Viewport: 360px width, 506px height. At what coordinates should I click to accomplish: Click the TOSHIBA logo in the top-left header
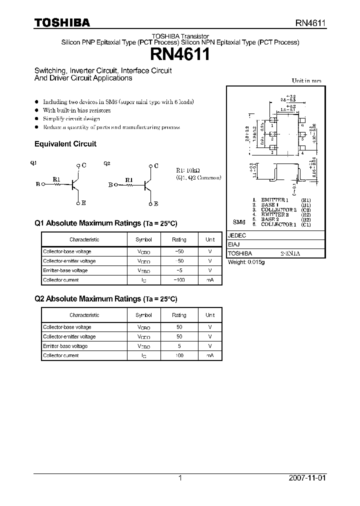(62, 23)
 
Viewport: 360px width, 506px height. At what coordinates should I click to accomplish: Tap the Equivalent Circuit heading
(65, 144)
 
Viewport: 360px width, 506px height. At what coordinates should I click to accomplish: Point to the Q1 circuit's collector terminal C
(83, 165)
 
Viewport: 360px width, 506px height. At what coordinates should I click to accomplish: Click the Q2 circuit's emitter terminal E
(156, 204)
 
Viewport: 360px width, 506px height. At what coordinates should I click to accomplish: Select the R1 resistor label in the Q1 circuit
(56, 178)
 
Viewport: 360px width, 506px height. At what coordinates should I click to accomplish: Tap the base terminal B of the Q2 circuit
(110, 184)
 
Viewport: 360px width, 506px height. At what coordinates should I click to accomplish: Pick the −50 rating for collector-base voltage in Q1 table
(178, 252)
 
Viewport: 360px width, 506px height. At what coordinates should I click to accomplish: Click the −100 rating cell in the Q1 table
(178, 280)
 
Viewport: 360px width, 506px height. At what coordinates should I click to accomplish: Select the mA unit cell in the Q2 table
(210, 355)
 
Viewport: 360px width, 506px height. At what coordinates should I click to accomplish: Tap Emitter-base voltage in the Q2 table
(65, 346)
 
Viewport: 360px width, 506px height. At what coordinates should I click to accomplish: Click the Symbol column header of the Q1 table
(143, 240)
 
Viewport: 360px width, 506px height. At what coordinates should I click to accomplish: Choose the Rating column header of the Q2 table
(178, 315)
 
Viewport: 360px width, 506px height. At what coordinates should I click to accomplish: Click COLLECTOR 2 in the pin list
(278, 209)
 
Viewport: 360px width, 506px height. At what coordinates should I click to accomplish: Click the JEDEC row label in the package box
(236, 235)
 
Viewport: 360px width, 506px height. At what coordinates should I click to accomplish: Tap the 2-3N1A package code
(290, 254)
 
